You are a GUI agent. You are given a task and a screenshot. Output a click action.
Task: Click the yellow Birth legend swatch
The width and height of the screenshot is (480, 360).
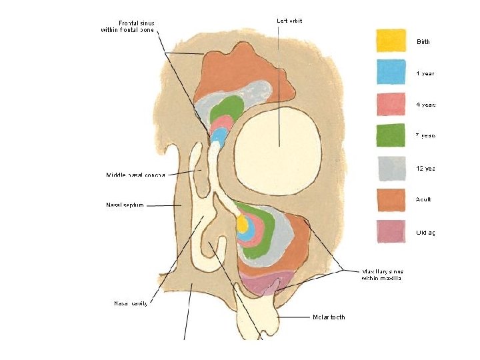(x=391, y=40)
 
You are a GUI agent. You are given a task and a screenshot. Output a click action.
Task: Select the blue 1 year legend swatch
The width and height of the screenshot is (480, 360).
(x=391, y=72)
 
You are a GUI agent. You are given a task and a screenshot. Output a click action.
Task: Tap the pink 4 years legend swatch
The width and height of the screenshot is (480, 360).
(x=391, y=104)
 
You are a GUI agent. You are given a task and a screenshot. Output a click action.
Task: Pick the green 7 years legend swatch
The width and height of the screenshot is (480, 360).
(x=391, y=135)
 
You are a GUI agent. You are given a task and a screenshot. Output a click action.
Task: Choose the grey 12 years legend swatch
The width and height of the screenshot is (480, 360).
(x=391, y=168)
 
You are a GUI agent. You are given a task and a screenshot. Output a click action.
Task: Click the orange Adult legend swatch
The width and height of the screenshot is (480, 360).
(x=391, y=199)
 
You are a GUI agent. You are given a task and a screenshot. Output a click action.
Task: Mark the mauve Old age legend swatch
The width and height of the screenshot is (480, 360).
(x=391, y=231)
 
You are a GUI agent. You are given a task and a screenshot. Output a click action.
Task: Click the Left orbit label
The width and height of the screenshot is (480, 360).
(x=289, y=21)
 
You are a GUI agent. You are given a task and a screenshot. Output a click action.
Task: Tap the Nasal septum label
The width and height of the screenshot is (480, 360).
(x=125, y=205)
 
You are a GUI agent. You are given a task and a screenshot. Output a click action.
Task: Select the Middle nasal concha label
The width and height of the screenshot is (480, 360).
(x=136, y=175)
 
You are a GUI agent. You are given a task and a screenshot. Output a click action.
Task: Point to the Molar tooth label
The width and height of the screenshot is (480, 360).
(x=329, y=317)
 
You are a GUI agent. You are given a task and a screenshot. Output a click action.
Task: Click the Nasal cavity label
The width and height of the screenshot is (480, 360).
(x=130, y=303)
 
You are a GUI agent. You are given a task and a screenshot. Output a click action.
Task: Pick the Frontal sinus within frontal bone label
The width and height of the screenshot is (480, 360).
(x=127, y=26)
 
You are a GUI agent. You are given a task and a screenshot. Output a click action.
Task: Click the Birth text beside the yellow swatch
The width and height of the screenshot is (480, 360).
(x=423, y=42)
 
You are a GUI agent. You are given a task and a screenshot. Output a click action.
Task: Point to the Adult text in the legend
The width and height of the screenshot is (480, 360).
(x=423, y=199)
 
